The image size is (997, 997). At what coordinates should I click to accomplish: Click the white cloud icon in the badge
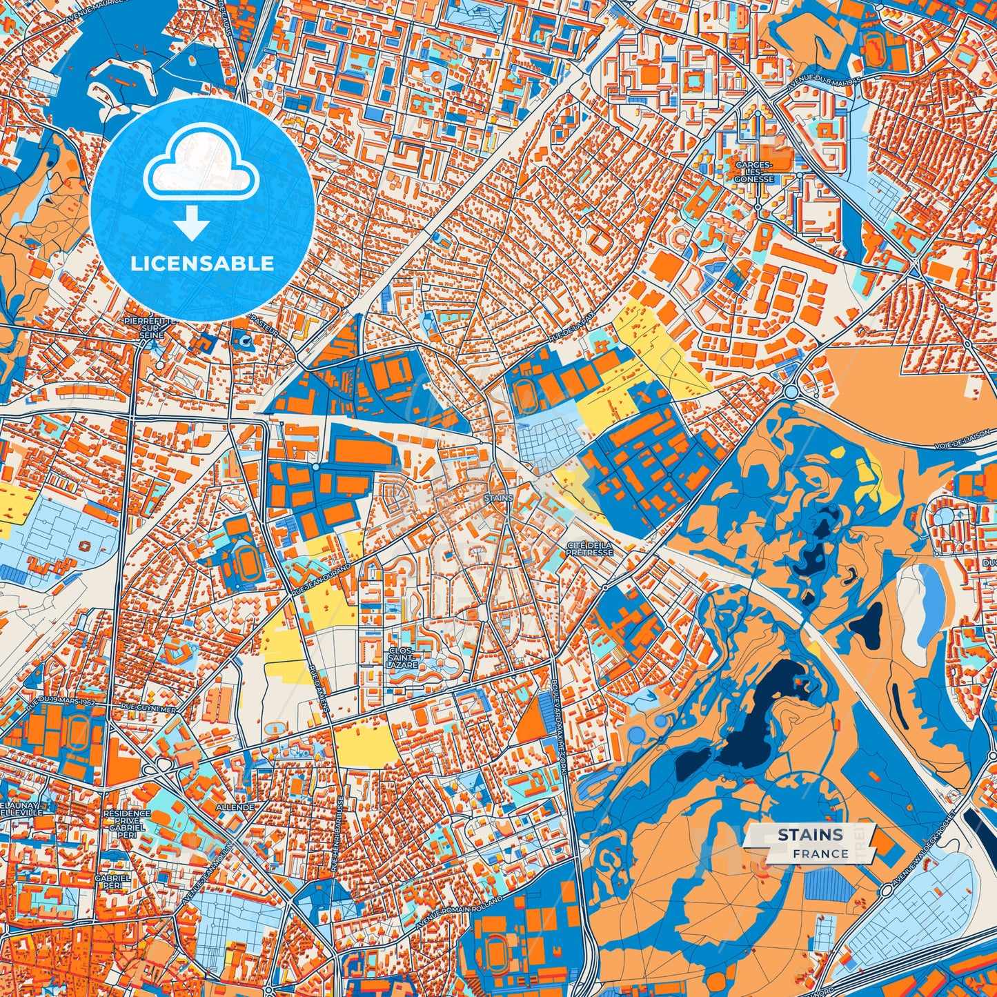click(x=201, y=168)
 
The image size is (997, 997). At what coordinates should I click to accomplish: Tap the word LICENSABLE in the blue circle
click(x=202, y=264)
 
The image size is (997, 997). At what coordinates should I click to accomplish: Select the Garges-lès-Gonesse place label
click(x=754, y=172)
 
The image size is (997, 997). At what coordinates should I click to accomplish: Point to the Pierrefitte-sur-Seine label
click(x=151, y=328)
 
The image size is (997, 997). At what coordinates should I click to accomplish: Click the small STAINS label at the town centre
click(x=499, y=497)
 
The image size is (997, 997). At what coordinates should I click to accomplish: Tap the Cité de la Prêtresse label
click(x=589, y=549)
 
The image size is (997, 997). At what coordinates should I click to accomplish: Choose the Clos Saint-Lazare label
click(x=402, y=658)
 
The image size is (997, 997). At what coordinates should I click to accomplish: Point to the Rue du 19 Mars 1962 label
click(x=61, y=704)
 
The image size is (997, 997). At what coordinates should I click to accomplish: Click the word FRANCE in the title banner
click(x=820, y=853)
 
